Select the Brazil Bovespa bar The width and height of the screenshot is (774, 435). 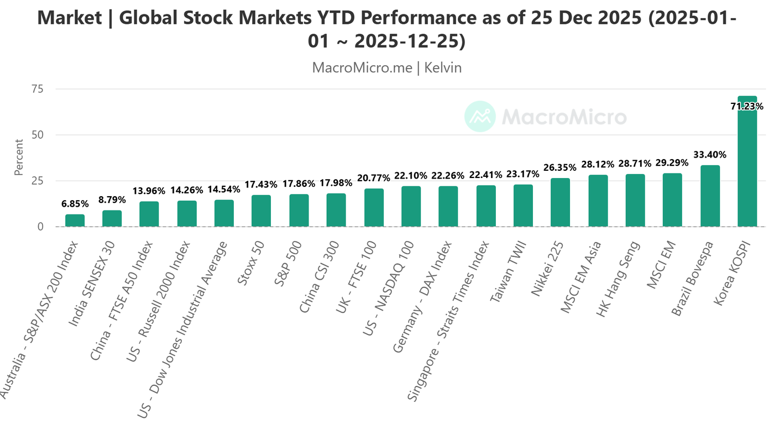[710, 196]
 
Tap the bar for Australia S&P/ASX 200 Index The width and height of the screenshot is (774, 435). [75, 221]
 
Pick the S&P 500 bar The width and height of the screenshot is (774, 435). [299, 211]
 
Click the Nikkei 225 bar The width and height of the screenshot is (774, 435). [560, 202]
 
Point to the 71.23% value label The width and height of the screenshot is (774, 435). [747, 106]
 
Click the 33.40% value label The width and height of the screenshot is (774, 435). [710, 155]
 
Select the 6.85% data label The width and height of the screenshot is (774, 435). [75, 204]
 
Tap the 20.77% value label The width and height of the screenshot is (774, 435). [373, 178]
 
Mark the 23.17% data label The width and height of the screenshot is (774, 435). [523, 174]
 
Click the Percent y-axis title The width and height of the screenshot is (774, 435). [19, 158]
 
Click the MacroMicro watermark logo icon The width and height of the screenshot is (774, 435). [479, 117]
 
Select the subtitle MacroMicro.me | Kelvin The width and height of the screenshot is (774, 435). [386, 67]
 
